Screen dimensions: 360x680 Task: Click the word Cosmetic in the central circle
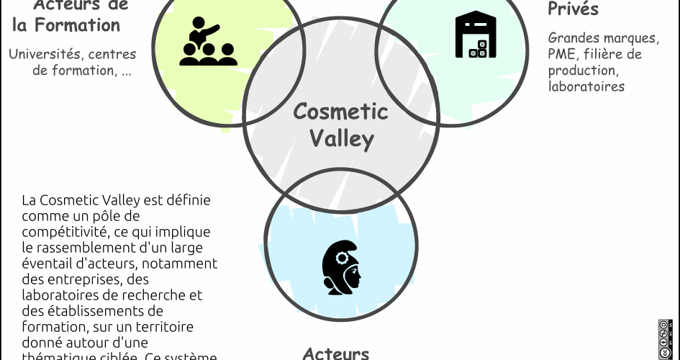tap(340, 112)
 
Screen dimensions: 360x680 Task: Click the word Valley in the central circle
tap(342, 138)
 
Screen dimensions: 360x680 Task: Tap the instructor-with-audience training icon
tap(208, 43)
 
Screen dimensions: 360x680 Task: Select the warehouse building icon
tap(476, 35)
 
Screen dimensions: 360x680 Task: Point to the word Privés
tap(573, 9)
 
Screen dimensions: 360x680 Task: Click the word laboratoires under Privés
tap(586, 87)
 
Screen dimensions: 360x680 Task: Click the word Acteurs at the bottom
tap(336, 353)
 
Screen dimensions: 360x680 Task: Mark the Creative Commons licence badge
tap(665, 338)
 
